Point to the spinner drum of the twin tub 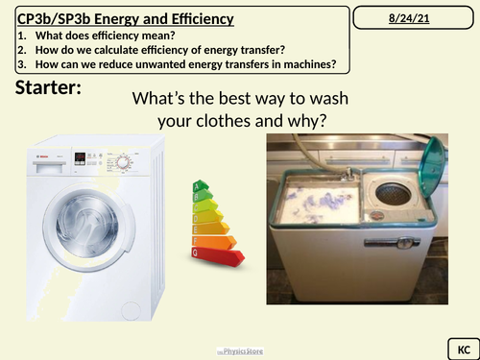tap(395, 193)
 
